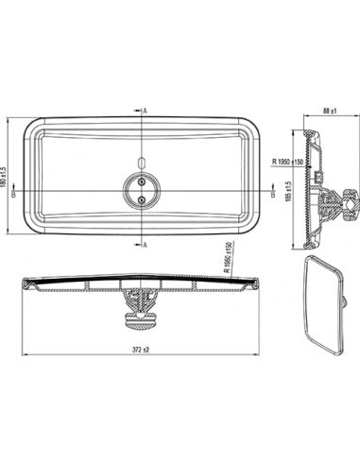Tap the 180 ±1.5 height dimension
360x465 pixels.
point(8,177)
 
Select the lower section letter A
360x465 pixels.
point(146,245)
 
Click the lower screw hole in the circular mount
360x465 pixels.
point(140,199)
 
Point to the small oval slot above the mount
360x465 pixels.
point(140,161)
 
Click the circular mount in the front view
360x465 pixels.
point(140,189)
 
